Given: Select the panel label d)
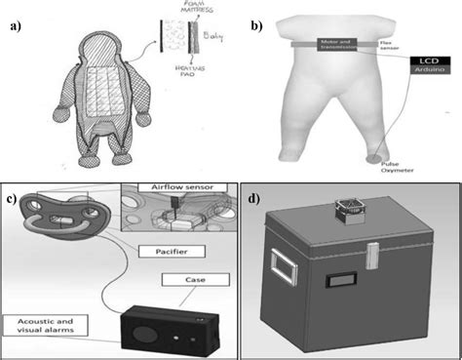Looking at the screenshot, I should [255, 203].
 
